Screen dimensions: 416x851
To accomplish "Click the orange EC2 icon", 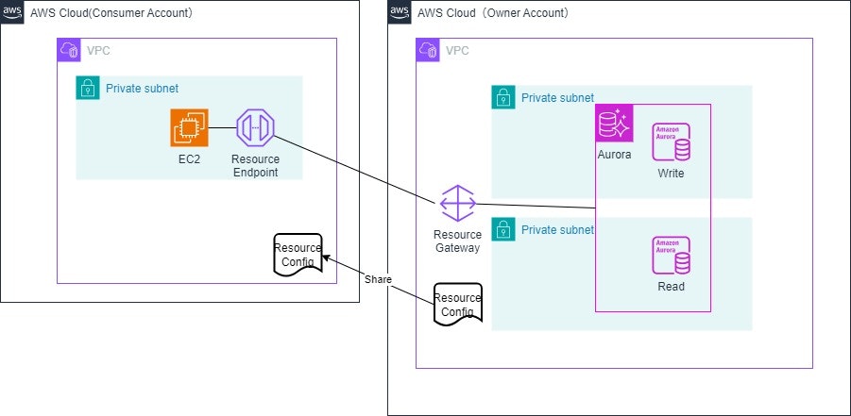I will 190,127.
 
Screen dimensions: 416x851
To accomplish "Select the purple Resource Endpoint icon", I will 254,127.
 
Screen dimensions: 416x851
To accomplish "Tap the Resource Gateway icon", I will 458,204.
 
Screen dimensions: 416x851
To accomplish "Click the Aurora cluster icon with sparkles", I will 614,123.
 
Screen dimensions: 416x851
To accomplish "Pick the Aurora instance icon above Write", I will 671,141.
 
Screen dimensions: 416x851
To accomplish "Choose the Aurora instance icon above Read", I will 671,256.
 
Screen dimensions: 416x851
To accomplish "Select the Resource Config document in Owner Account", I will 458,305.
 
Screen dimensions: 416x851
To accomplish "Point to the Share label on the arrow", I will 378,279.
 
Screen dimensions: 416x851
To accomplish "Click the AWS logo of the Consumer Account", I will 12,13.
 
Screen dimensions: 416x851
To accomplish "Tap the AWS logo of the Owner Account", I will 400,13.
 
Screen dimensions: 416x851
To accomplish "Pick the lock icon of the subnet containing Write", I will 503,97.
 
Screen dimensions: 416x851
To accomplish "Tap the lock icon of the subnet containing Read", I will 503,229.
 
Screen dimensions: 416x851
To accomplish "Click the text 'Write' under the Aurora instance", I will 671,174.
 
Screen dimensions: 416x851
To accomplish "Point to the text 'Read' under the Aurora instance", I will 671,287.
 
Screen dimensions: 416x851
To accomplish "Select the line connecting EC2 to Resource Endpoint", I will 221,127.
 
